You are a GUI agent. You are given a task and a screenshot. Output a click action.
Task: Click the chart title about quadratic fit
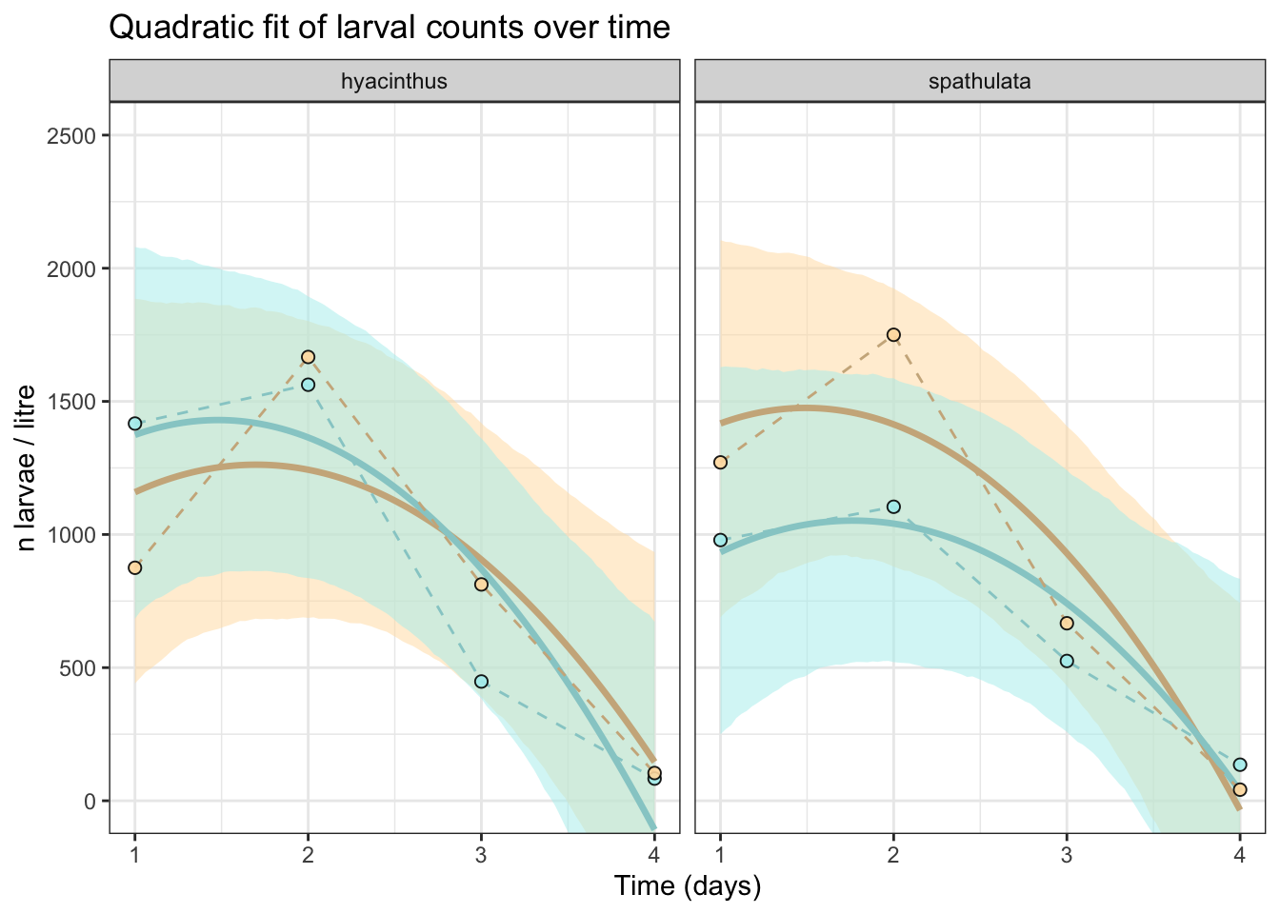click(390, 28)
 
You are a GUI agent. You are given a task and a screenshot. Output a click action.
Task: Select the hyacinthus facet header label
click(394, 81)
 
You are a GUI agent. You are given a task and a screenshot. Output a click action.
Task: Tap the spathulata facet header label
click(980, 81)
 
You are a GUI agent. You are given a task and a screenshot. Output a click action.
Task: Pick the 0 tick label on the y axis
click(90, 802)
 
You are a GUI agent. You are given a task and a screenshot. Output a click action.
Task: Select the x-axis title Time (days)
click(688, 886)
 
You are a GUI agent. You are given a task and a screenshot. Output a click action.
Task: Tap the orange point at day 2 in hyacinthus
click(308, 357)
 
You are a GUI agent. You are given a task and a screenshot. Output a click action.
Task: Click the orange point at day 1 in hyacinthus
click(135, 567)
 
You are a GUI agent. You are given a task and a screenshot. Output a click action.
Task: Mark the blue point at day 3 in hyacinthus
click(481, 682)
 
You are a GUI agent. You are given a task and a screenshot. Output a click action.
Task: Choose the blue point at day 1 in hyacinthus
click(135, 424)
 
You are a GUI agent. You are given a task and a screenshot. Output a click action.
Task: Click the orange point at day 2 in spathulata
click(893, 334)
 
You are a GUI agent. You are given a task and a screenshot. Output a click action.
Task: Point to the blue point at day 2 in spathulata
click(893, 507)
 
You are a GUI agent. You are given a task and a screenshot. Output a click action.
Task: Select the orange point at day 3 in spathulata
click(1067, 623)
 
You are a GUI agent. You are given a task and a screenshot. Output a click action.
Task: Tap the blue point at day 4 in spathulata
click(1240, 765)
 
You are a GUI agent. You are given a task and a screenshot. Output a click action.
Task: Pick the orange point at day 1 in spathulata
click(720, 462)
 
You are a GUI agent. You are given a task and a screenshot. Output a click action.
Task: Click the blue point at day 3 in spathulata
click(1067, 661)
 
